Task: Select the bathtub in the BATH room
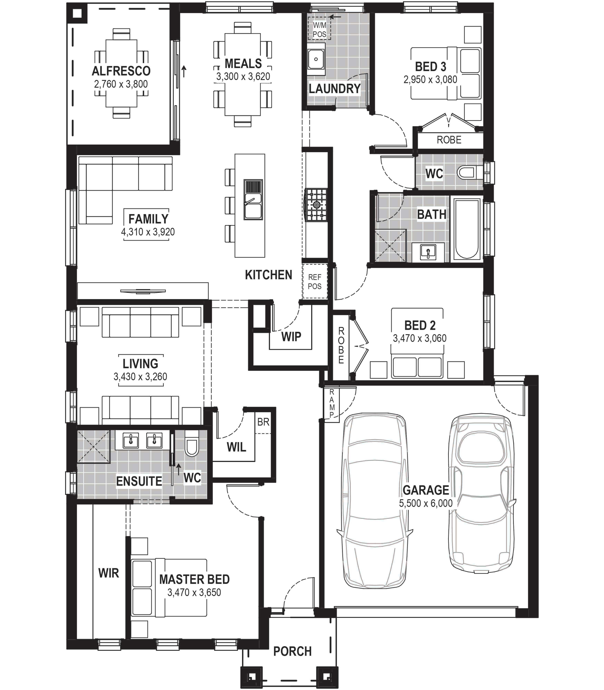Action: (467, 229)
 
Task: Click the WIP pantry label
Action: (291, 336)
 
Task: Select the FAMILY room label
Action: (148, 219)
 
